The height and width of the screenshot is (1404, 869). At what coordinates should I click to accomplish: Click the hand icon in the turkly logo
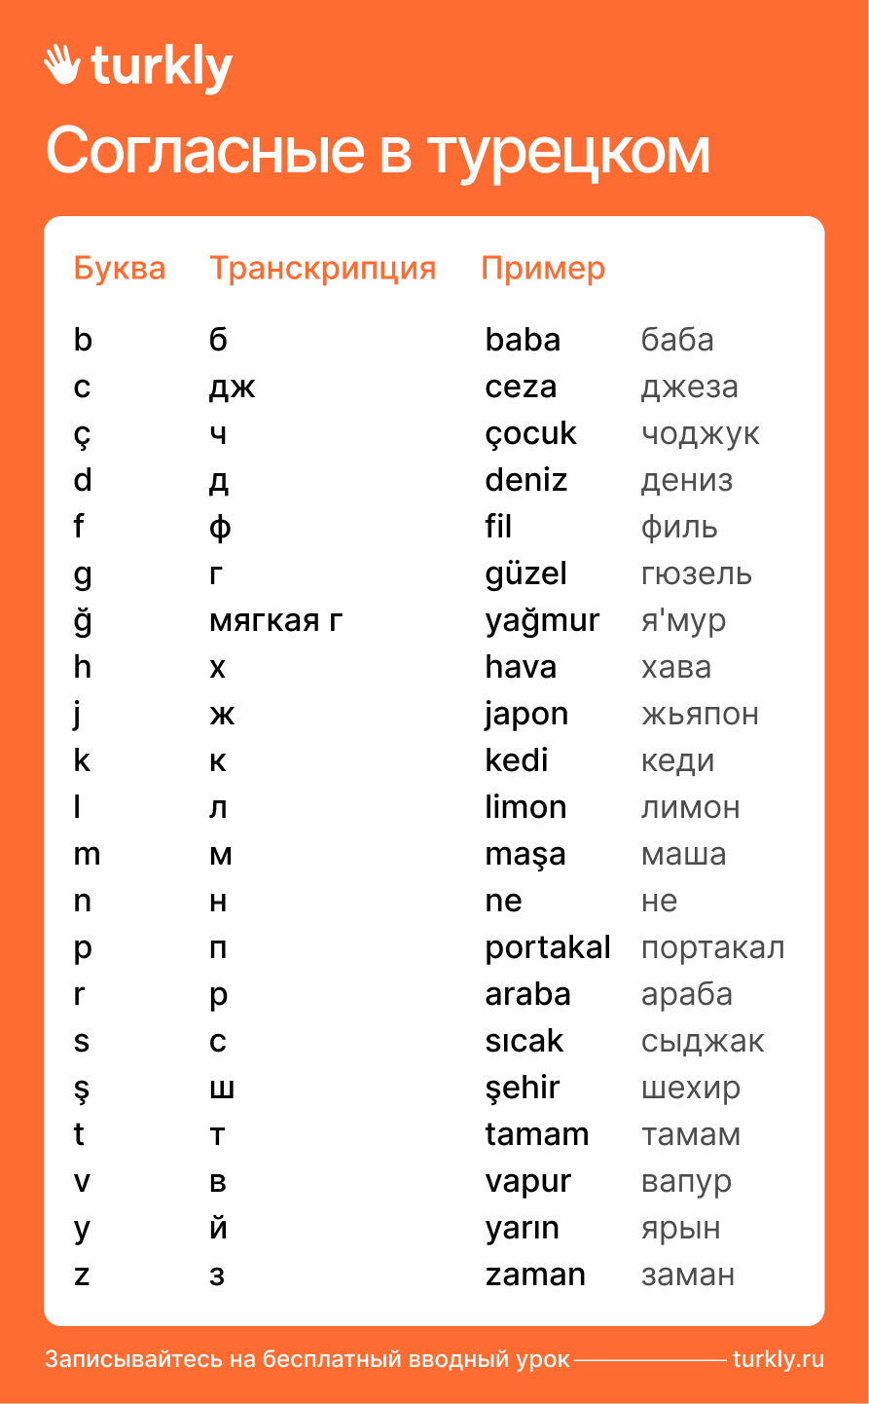(x=61, y=64)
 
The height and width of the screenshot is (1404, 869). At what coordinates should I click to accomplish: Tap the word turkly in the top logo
(x=162, y=67)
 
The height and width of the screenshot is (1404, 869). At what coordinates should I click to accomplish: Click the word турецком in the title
(x=568, y=153)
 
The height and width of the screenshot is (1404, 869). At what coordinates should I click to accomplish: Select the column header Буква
(x=120, y=269)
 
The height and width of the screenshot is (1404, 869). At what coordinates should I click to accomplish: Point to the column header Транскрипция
(x=323, y=269)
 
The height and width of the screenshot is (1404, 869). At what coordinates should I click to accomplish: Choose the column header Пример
(x=543, y=269)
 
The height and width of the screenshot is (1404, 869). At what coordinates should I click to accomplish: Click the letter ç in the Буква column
(x=83, y=435)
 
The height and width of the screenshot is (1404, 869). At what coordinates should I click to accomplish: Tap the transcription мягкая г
(x=276, y=620)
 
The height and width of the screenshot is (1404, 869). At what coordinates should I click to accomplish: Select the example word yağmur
(x=542, y=621)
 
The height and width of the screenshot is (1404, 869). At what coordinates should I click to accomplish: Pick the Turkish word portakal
(x=548, y=947)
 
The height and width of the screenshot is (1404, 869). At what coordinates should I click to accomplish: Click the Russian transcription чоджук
(x=701, y=434)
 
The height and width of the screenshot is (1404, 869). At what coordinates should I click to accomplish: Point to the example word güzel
(x=525, y=574)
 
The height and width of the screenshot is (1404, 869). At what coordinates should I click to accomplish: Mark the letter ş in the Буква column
(x=82, y=1090)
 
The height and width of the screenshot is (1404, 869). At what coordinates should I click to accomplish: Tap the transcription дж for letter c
(x=232, y=388)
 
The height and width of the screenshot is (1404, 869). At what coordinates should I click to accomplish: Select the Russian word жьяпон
(x=700, y=715)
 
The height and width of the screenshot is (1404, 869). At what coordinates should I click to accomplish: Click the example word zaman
(x=535, y=1275)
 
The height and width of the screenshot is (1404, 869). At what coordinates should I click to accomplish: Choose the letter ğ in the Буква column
(x=83, y=620)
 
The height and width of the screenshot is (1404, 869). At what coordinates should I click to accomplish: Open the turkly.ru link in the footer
(x=778, y=1359)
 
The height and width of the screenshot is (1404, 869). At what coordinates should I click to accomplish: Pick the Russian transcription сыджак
(x=703, y=1042)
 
